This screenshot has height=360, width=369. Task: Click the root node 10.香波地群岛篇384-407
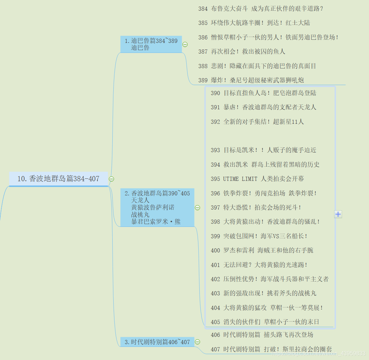click(x=58, y=179)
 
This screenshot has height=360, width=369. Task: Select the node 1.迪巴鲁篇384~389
click(x=151, y=44)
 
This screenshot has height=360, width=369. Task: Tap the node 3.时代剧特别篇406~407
click(x=157, y=342)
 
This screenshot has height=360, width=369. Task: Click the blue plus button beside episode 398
click(x=338, y=214)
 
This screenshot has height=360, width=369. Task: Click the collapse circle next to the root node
click(x=111, y=179)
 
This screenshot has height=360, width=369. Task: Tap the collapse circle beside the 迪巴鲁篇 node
click(x=185, y=44)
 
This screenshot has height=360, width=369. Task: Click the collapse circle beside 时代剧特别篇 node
click(x=198, y=342)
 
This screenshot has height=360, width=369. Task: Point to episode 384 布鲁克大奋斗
click(x=261, y=9)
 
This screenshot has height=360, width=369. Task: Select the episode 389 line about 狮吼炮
click(x=251, y=80)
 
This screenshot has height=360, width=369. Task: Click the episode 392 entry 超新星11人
click(x=257, y=122)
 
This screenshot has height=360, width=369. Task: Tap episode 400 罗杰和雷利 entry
click(x=262, y=250)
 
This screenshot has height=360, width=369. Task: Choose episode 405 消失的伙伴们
click(x=265, y=322)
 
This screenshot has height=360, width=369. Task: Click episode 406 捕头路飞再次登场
click(x=262, y=335)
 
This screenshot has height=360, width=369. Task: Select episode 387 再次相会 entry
click(x=242, y=52)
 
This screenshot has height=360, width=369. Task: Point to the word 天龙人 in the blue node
click(x=140, y=200)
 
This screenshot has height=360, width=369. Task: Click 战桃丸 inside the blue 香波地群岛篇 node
click(x=140, y=215)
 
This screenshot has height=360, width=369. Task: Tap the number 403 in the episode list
click(x=215, y=293)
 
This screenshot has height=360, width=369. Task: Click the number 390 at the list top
click(x=215, y=93)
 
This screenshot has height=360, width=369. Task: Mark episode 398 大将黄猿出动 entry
click(x=265, y=222)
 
